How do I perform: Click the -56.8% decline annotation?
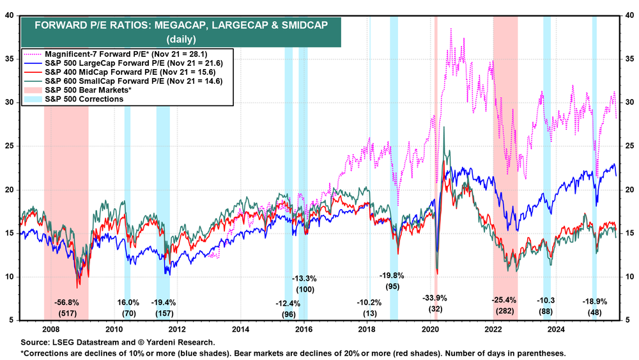coord(66,302)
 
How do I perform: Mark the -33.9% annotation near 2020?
coord(435,298)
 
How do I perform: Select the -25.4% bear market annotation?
coord(505,299)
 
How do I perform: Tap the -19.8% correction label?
coord(390,276)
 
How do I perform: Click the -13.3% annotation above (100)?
coord(305,279)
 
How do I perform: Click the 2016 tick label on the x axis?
coord(304,329)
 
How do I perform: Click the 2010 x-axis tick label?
coord(114,329)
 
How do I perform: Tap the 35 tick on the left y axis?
coord(12,58)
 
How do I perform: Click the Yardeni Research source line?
coord(114,343)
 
